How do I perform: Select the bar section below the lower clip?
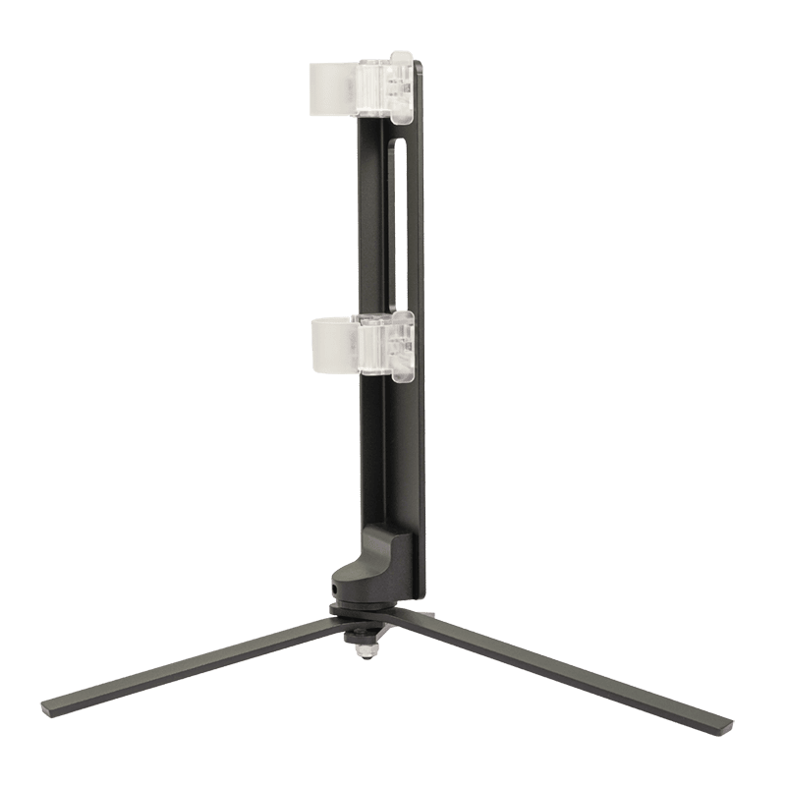tap(393, 452)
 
